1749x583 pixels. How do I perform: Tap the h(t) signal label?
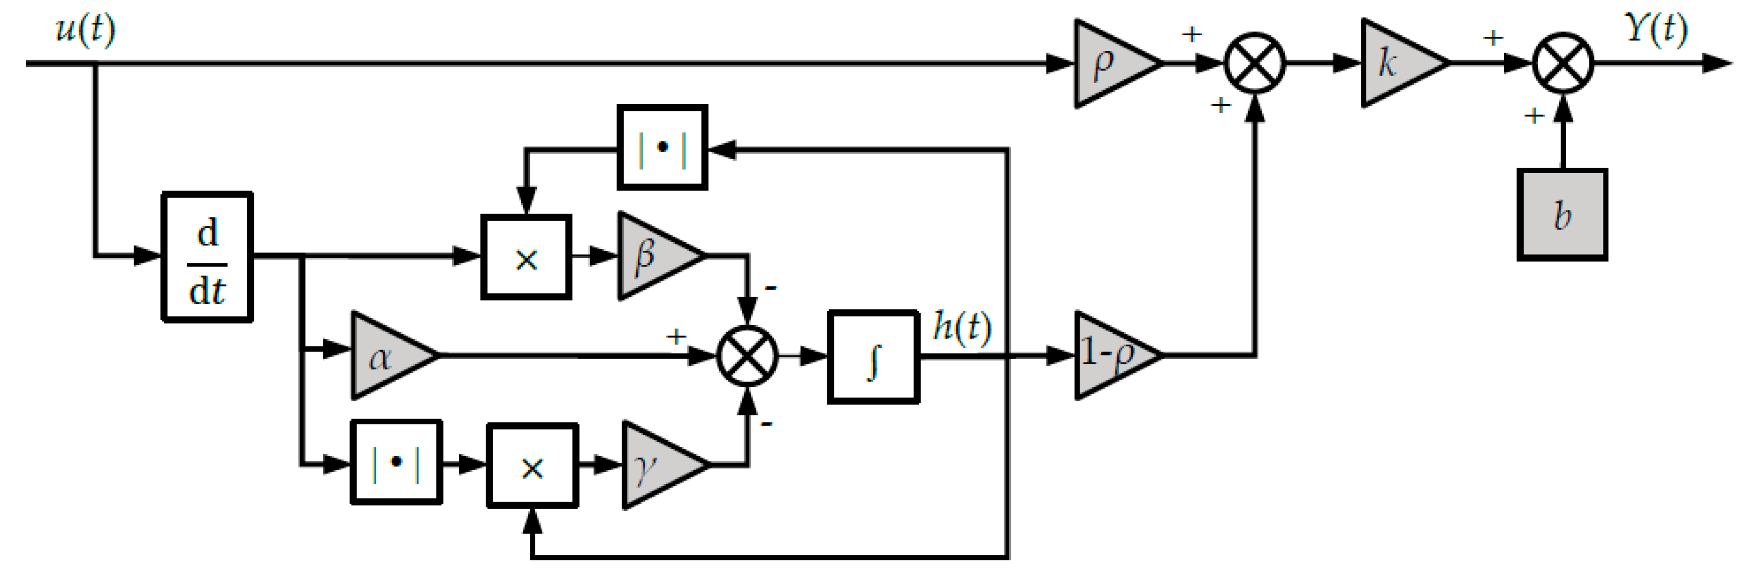(961, 327)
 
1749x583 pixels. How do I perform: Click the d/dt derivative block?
(207, 257)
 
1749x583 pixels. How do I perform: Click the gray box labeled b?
(1562, 214)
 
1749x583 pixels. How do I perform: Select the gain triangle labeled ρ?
(1111, 63)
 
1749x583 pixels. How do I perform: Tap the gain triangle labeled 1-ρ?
(1111, 355)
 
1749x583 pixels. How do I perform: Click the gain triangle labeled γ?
(657, 465)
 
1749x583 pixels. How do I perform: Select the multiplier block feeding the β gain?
(526, 257)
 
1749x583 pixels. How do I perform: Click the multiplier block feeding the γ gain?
(533, 466)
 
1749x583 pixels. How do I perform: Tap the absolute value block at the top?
(662, 147)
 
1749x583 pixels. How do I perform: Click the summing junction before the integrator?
(747, 356)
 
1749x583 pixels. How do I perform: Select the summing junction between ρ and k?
(1254, 63)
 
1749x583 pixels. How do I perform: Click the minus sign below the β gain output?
(770, 288)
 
